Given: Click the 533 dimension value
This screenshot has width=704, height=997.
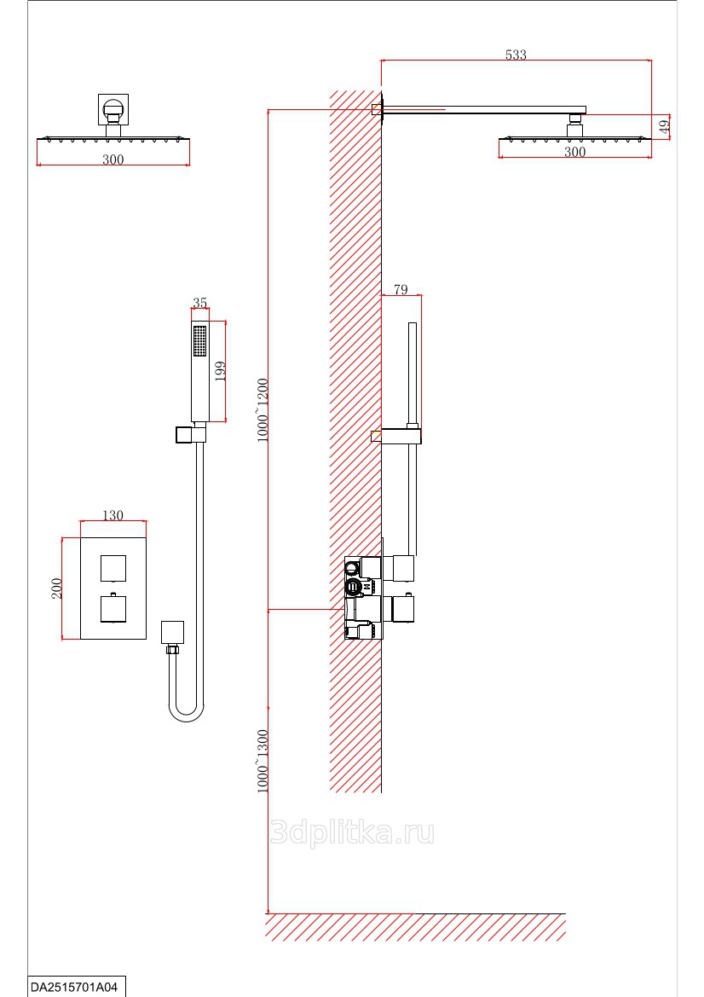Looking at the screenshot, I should pos(516,55).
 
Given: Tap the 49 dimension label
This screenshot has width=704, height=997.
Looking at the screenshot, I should pos(665,126).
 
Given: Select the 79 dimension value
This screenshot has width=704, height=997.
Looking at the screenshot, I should pos(400,290).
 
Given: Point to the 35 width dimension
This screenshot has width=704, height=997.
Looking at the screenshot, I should pos(200,303).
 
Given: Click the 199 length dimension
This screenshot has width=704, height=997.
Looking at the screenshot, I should pos(219,371).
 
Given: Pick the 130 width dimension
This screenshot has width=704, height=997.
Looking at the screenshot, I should pos(113,515).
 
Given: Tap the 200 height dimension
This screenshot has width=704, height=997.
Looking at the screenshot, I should pos(57,588).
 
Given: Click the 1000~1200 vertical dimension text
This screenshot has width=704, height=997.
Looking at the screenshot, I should pos(263,409).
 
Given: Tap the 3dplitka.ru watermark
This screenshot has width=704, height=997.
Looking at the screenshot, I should pos(351,832).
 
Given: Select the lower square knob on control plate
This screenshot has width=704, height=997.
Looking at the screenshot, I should pos(113,609).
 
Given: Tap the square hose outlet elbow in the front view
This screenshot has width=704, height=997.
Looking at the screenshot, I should pos(172,632).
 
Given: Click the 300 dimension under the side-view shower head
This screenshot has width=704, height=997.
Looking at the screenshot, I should pos(575,152).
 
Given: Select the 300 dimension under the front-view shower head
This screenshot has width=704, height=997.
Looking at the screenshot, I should pos(113,159).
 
